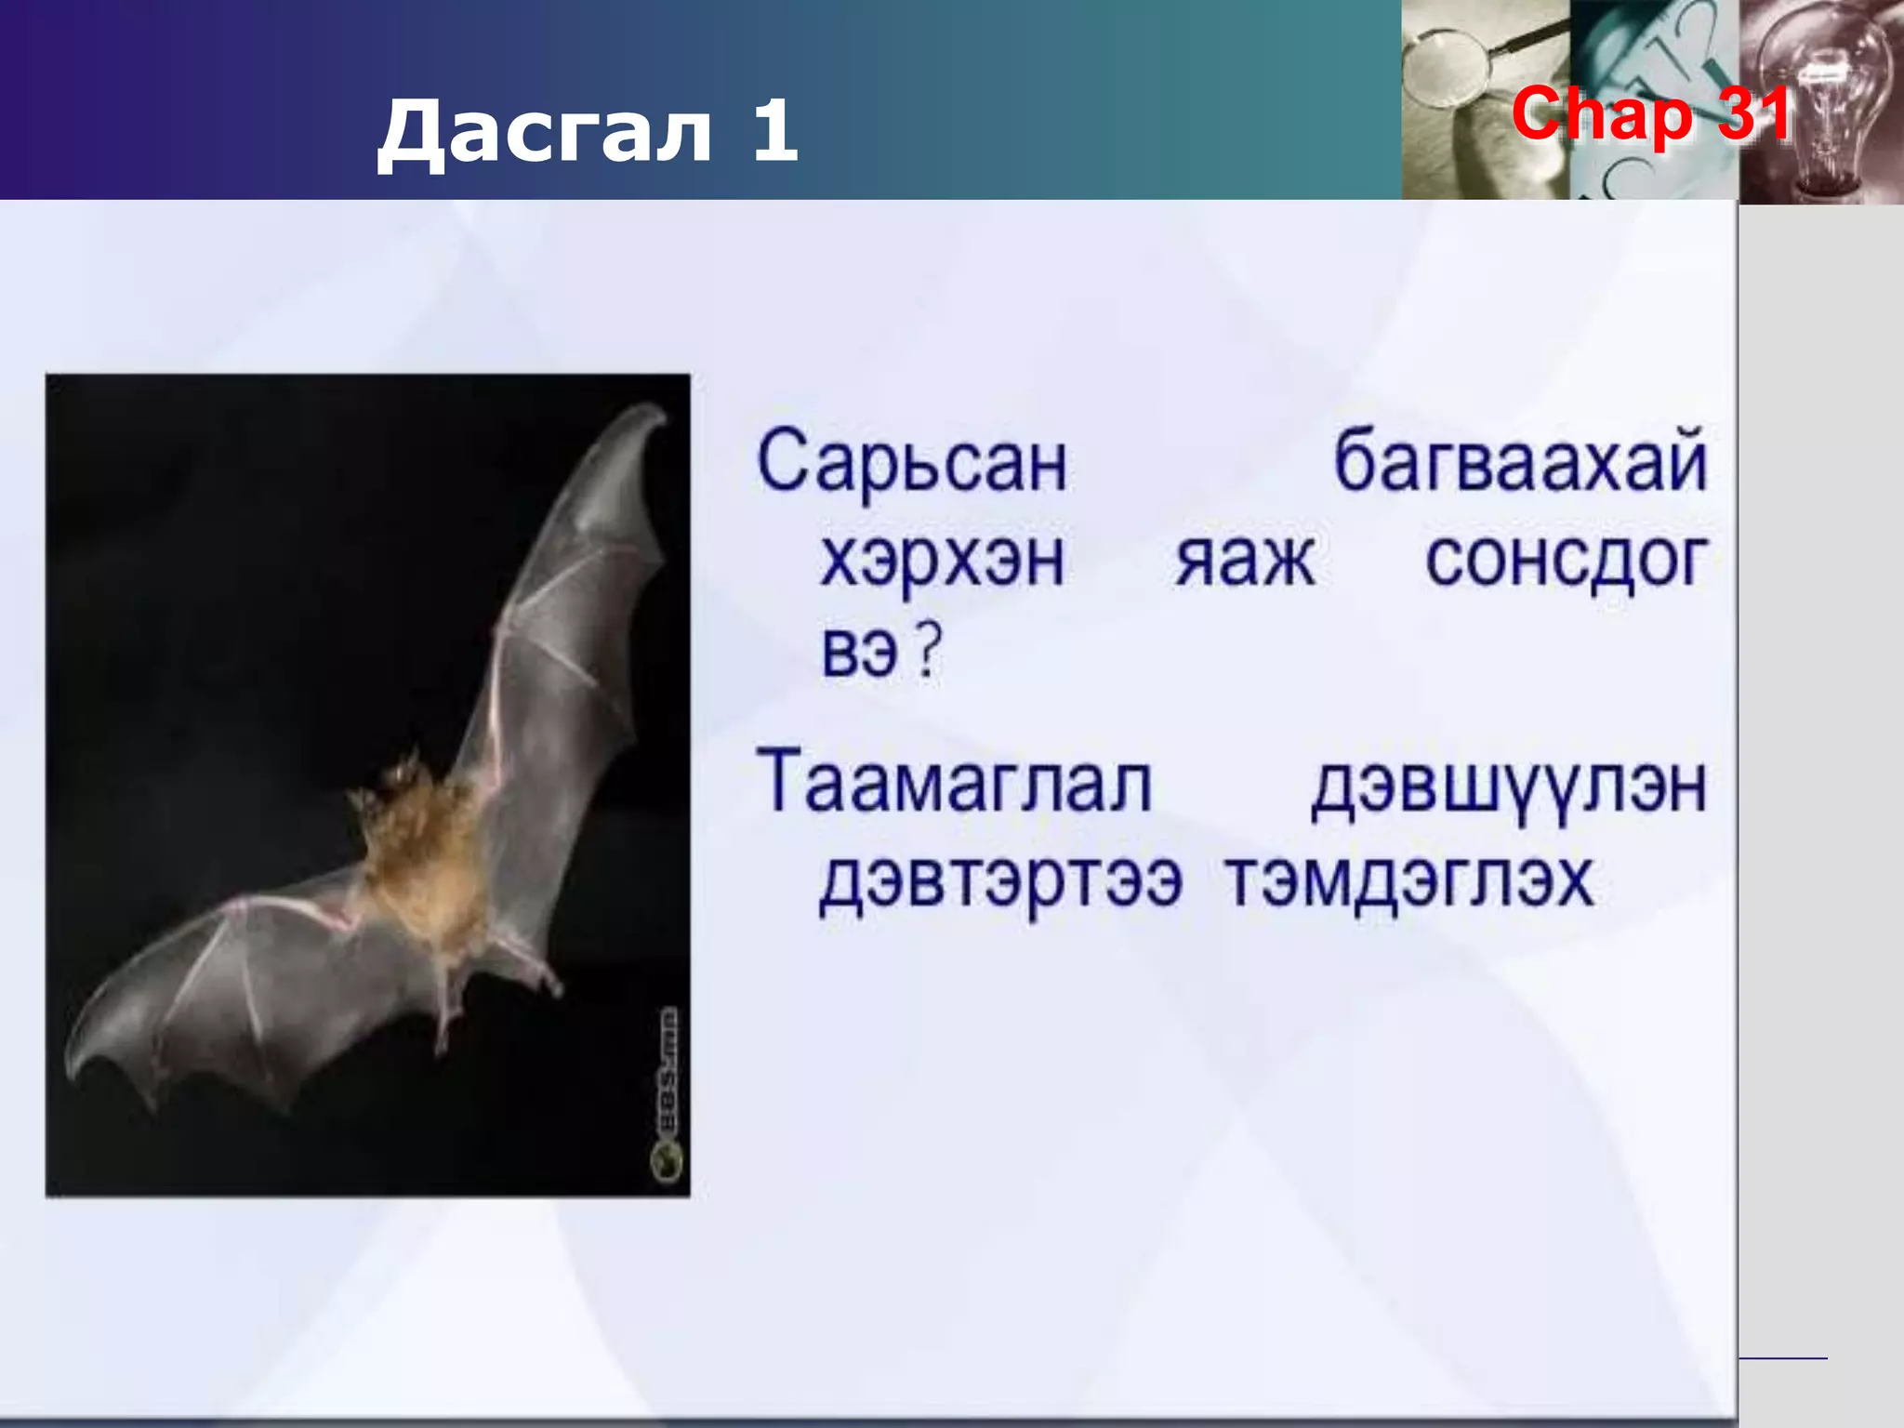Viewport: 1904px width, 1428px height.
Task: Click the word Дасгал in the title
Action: (x=543, y=131)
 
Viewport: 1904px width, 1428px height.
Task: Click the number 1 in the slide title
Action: (x=773, y=131)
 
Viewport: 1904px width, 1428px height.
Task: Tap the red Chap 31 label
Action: (x=1651, y=114)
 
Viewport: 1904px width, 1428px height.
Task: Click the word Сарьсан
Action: (x=912, y=462)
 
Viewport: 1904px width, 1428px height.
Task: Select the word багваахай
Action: (x=1520, y=462)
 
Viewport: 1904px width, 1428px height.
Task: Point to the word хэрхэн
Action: (x=942, y=561)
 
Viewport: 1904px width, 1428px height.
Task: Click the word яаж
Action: (x=1244, y=561)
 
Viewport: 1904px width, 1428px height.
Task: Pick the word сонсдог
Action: (x=1566, y=561)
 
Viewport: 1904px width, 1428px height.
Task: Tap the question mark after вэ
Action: (x=928, y=651)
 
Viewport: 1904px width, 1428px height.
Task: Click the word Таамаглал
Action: (x=954, y=783)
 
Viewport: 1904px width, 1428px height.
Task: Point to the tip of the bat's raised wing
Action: (x=656, y=413)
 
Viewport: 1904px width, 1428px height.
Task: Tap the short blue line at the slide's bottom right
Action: (x=1782, y=1359)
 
